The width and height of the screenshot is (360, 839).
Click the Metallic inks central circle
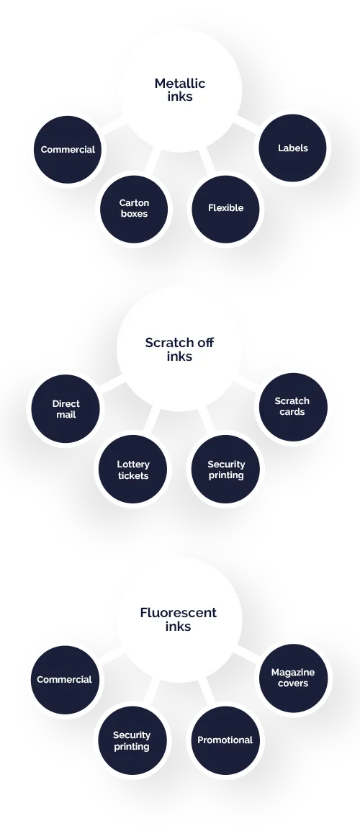(x=180, y=91)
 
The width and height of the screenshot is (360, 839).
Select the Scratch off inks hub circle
(x=180, y=349)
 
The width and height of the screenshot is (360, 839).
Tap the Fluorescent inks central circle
(x=180, y=619)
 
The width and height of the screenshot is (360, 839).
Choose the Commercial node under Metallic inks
(x=68, y=149)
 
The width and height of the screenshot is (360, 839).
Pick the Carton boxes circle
(x=134, y=209)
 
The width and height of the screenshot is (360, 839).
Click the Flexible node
(x=225, y=209)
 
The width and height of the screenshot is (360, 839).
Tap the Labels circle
(x=292, y=148)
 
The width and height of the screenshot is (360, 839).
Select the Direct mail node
(x=66, y=409)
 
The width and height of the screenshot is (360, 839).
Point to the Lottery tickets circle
(x=132, y=470)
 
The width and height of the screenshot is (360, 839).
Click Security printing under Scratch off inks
(x=225, y=470)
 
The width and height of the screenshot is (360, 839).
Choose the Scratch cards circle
(x=292, y=407)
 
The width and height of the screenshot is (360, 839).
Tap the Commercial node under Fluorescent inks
(x=65, y=680)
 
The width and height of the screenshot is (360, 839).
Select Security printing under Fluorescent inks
(x=132, y=740)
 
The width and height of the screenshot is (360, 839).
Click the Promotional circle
(x=225, y=740)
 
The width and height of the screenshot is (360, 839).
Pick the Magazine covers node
(x=292, y=678)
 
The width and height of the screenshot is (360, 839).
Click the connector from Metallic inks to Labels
(x=247, y=125)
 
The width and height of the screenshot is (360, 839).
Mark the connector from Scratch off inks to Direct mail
(x=112, y=384)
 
